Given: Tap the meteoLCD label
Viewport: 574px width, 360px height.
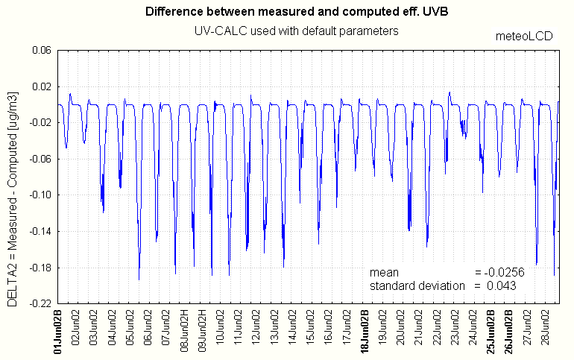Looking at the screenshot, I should pos(526,36).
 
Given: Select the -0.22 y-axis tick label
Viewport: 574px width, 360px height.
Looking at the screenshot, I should pos(37,304).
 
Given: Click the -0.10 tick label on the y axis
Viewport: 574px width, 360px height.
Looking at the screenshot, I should pos(37,195).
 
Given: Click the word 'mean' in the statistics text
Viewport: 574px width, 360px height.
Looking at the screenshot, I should pos(384,273).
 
